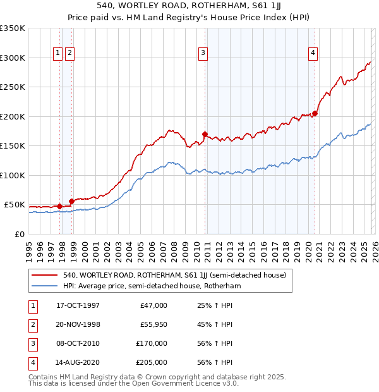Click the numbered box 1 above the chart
coord(57,54)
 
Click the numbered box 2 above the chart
coord(69,54)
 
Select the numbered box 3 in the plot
coord(203,54)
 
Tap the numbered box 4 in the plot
coord(312,54)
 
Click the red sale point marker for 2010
coord(205,134)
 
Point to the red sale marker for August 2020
coord(315,114)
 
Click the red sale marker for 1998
coord(72,201)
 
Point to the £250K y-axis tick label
coord(13,87)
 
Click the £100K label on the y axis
coord(13,175)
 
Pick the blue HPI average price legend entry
coord(152,286)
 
